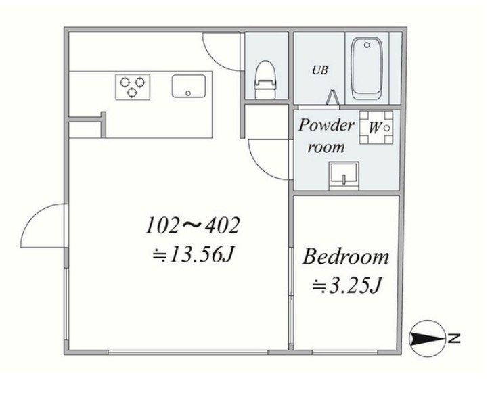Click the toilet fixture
265,80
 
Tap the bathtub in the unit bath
367,69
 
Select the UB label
320,70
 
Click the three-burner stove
133,87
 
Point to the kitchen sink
189,86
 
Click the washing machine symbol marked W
376,128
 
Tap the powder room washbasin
344,175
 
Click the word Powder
326,125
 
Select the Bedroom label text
346,257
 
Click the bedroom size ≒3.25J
347,285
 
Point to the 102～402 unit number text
193,225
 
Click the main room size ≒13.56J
194,254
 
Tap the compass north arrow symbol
428,339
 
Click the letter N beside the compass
454,339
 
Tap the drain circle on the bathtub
367,45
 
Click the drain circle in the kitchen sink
188,93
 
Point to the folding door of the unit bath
332,97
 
